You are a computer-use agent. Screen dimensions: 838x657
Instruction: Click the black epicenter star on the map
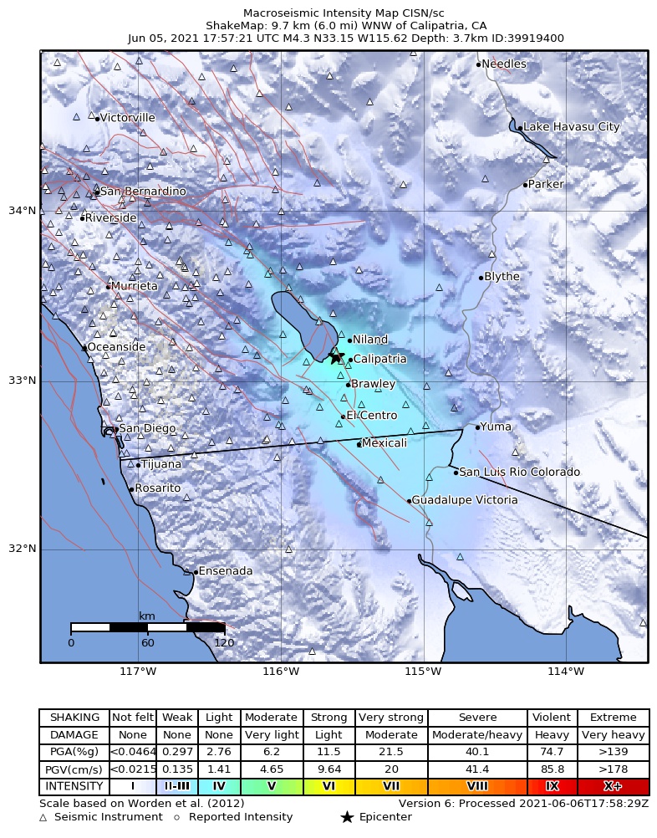[x=336, y=357]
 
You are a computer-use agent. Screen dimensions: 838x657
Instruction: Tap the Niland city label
[x=370, y=340]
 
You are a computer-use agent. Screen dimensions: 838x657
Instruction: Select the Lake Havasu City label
[x=571, y=127]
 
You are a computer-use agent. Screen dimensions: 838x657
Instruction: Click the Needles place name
[x=504, y=64]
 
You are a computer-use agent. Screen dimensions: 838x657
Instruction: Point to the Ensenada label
[x=226, y=571]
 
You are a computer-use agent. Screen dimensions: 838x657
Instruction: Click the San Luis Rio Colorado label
[x=519, y=473]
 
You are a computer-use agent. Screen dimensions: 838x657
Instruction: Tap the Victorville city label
[x=128, y=118]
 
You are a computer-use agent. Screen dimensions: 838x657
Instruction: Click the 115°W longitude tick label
[x=423, y=672]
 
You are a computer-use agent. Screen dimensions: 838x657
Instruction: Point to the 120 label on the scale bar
[x=224, y=643]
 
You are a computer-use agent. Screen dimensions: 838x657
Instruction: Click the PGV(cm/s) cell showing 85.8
[x=552, y=770]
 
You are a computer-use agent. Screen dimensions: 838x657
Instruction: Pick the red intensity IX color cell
[x=552, y=787]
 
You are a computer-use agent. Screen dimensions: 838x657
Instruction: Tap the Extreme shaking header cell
[x=613, y=718]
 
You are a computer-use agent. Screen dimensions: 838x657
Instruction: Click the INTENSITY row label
[x=74, y=787]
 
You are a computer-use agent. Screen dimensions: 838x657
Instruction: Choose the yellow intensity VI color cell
[x=328, y=787]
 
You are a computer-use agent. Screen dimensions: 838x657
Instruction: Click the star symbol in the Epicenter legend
[x=347, y=817]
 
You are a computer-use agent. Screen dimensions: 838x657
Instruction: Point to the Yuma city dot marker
[x=477, y=427]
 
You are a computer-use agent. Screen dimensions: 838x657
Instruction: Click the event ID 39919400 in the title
[x=537, y=38]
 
